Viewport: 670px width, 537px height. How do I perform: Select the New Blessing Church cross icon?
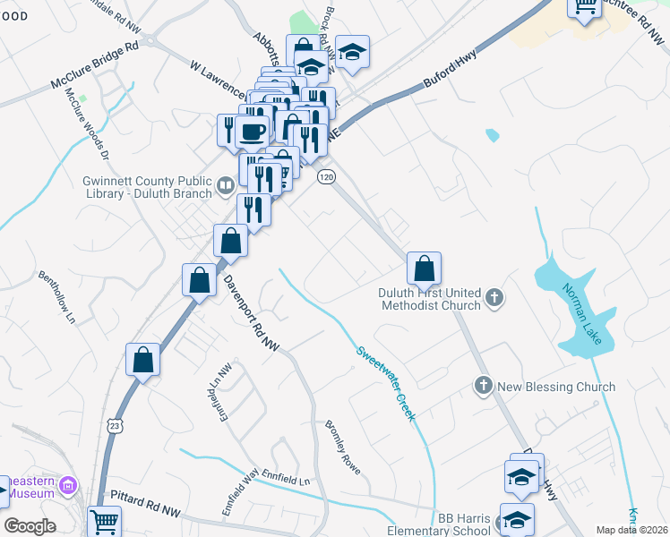(483, 386)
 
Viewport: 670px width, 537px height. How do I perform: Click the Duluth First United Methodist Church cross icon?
(494, 296)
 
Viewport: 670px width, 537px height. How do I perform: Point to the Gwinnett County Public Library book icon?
(225, 186)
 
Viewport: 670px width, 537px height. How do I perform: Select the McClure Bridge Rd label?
(95, 55)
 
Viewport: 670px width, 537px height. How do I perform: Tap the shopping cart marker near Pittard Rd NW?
(105, 520)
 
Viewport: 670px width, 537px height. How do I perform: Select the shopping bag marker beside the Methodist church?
(424, 268)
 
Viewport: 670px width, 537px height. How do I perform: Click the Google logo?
(30, 526)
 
